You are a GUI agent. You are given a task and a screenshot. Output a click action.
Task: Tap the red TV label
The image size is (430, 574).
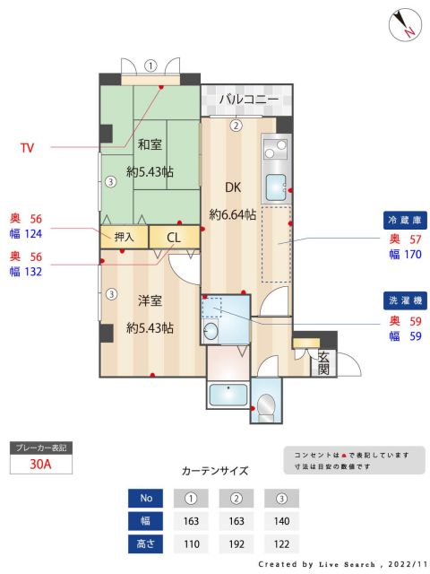pyautogui.click(x=28, y=147)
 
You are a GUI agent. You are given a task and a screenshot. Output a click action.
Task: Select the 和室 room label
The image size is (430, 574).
pyautogui.click(x=149, y=143)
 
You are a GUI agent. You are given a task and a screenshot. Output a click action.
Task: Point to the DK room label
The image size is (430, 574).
pyautogui.click(x=232, y=187)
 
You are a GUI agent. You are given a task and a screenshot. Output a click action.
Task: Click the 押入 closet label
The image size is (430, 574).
pyautogui.click(x=124, y=237)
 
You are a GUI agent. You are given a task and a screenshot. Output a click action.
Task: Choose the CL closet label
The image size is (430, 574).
pyautogui.click(x=174, y=238)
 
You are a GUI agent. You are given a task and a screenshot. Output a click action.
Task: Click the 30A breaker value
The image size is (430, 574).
pyautogui.click(x=40, y=465)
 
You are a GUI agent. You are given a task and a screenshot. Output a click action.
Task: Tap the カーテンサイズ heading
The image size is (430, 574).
pyautogui.click(x=215, y=470)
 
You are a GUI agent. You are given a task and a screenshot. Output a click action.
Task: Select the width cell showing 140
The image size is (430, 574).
pyautogui.click(x=282, y=520)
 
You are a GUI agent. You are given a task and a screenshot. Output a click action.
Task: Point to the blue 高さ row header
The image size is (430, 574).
pyautogui.click(x=146, y=544)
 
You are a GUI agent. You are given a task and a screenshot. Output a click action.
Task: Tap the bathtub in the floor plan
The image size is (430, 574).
pyautogui.click(x=229, y=395)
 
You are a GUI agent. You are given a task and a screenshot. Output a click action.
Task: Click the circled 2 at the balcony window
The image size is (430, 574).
pyautogui.click(x=236, y=126)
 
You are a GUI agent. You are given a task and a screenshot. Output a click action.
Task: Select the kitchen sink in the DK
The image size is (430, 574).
pyautogui.click(x=275, y=188)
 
